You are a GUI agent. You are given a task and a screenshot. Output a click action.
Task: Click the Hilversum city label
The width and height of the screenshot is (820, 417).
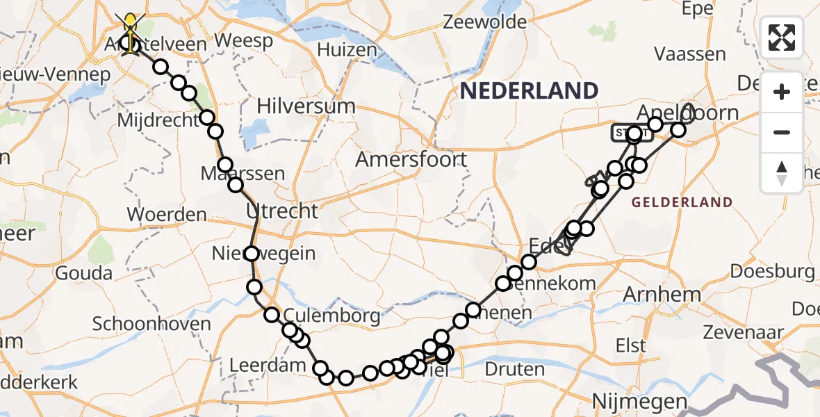[x=306, y=106]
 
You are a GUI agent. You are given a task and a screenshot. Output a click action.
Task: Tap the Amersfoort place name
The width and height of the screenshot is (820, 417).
[x=411, y=159]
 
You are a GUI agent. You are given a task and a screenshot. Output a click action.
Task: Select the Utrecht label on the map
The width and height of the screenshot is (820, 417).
[x=281, y=211]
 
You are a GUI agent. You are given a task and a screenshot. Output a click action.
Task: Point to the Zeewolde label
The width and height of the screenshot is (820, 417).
[x=484, y=22]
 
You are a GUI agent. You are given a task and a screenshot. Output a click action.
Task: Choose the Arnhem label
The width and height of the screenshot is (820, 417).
[x=662, y=294]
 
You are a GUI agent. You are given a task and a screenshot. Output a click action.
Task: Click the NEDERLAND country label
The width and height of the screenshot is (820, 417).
[x=529, y=90]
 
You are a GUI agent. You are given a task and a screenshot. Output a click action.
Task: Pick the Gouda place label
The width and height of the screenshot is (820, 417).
[x=83, y=272]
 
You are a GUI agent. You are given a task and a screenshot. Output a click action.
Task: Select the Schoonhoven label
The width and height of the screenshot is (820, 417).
[x=151, y=324]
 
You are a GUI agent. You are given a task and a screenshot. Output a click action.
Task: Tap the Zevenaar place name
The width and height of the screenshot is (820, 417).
[x=739, y=332]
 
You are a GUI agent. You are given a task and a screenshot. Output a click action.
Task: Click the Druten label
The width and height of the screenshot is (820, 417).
[x=515, y=368]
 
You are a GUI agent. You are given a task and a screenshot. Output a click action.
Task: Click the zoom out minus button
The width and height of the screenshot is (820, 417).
[x=782, y=132]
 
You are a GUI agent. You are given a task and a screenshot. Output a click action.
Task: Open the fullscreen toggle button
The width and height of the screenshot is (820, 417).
[x=782, y=37]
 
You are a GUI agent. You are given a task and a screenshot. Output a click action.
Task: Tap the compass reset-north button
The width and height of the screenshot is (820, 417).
[x=782, y=173]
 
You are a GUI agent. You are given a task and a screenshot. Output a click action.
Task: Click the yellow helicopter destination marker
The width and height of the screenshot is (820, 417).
[x=131, y=30]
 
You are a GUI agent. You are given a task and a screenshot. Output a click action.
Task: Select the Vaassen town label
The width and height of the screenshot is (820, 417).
[x=690, y=54]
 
